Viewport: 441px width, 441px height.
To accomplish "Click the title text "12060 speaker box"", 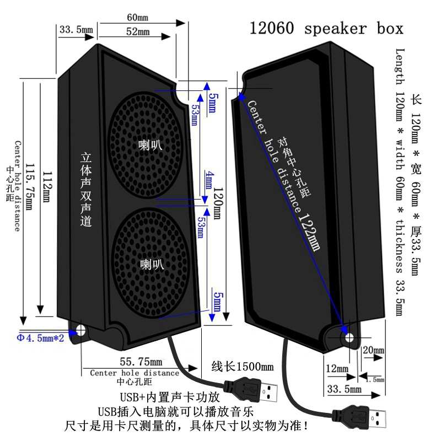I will (x=326, y=28).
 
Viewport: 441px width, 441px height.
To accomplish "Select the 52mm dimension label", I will (x=138, y=32).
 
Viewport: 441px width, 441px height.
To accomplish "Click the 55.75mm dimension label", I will (x=141, y=362).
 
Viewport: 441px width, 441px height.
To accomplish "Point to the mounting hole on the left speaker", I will (x=80, y=330).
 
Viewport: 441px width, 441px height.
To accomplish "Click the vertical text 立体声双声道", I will (x=86, y=190).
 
